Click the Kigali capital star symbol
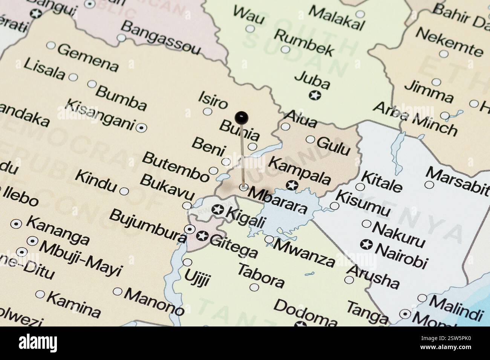tap(217, 210)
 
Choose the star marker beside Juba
tap(314, 95)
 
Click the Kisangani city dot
tap(142, 128)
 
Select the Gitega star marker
tap(203, 236)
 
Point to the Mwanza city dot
tap(269, 239)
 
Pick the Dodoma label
tap(305, 311)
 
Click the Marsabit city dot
tap(429, 185)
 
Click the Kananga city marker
tap(16, 224)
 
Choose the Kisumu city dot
tap(334, 206)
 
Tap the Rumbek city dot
tap(285, 49)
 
